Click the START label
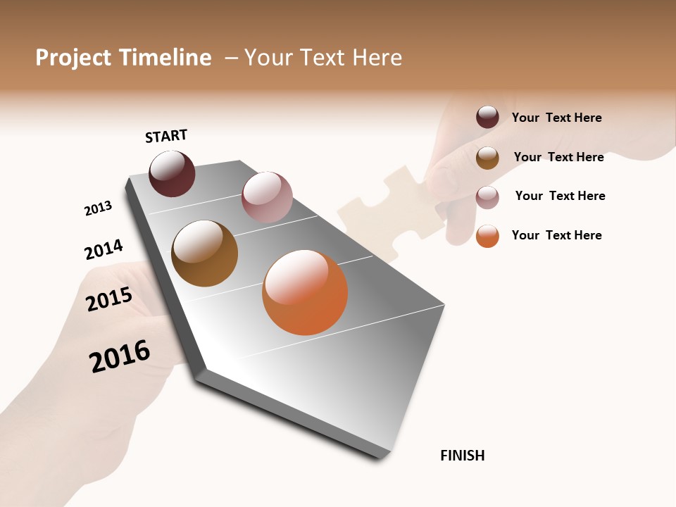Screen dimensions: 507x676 166,136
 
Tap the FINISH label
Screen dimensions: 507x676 462,456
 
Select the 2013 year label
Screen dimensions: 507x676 98,208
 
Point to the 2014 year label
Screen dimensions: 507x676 104,250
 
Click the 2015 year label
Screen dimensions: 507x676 109,299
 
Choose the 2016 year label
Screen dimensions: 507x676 120,356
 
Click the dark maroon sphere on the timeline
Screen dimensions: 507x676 172,173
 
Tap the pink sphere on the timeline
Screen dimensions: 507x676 267,197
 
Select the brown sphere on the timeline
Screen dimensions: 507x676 204,254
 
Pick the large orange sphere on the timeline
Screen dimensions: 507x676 305,292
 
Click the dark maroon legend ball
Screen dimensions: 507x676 487,117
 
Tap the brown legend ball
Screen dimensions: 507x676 487,158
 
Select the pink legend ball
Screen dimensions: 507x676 487,197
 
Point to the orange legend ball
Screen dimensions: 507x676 487,237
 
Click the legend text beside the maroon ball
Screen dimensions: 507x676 556,118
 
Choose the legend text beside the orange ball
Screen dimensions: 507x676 556,235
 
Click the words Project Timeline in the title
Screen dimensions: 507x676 123,58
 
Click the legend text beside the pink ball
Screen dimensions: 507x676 560,196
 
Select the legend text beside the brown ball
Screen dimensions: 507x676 558,157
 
